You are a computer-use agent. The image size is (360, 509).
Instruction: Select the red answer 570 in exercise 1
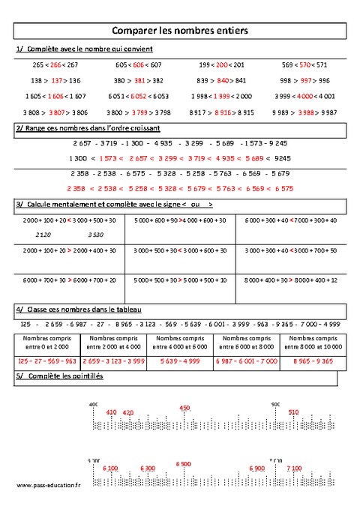pyautogui.click(x=304, y=65)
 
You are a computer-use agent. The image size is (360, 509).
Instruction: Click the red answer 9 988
pyautogui.click(x=304, y=112)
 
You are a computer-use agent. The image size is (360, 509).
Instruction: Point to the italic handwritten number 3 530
pyautogui.click(x=96, y=235)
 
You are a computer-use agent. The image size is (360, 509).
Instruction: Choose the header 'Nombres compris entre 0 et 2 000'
pyautogui.click(x=46, y=343)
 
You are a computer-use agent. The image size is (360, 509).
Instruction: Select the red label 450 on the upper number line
pyautogui.click(x=185, y=409)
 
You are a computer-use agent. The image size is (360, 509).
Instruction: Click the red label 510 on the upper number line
pyautogui.click(x=293, y=412)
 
